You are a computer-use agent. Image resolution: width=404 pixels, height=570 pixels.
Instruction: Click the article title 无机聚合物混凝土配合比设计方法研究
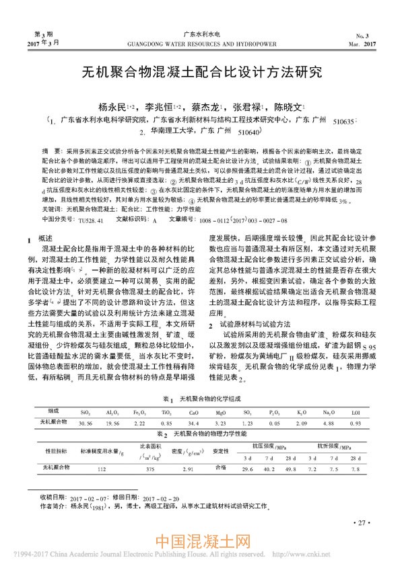click(x=201, y=73)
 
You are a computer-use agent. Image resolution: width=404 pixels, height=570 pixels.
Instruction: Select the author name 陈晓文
click(x=287, y=107)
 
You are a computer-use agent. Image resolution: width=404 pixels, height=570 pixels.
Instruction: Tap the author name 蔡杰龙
click(x=205, y=107)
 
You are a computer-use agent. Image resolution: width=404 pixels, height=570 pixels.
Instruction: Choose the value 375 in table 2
click(x=151, y=467)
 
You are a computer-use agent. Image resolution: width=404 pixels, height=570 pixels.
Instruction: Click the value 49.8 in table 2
click(x=291, y=467)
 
